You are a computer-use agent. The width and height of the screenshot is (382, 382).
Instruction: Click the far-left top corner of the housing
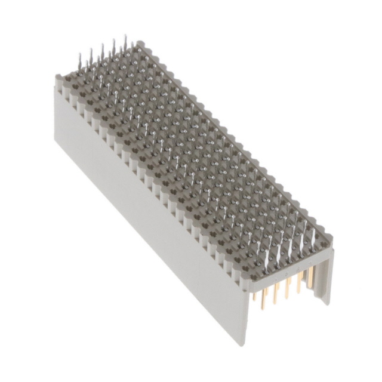(57, 78)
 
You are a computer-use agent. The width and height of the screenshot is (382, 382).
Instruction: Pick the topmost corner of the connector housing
(140, 42)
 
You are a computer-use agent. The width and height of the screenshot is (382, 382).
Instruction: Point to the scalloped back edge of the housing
(239, 143)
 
